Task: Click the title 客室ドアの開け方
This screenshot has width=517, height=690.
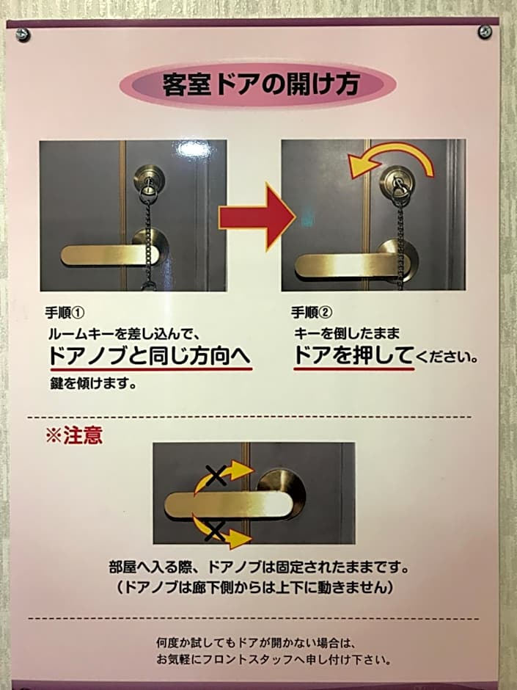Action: coord(261,84)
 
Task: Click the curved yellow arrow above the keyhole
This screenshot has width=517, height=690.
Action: coord(390,159)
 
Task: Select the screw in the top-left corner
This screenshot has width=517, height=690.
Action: coord(23,34)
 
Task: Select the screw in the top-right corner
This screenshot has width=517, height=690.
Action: coord(485,32)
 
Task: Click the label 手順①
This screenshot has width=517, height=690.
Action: coord(65,313)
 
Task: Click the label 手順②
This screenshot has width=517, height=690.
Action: coord(311,313)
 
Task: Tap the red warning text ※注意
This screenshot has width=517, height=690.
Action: coord(74,435)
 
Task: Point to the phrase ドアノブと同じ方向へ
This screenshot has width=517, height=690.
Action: coord(150,355)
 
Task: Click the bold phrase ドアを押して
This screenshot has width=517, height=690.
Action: coord(353,355)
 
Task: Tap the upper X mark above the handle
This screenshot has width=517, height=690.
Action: coord(216,475)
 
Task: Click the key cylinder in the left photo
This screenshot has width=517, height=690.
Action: coord(149,178)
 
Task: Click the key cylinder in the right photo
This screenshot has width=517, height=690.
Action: coord(396,180)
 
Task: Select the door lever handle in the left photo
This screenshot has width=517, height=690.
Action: coord(110,255)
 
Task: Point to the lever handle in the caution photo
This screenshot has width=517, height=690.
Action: coord(229,505)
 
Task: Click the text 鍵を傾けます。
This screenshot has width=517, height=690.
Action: coord(93,383)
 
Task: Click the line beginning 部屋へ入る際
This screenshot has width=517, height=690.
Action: coord(258,567)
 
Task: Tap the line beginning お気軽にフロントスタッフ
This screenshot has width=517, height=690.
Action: coord(274,660)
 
